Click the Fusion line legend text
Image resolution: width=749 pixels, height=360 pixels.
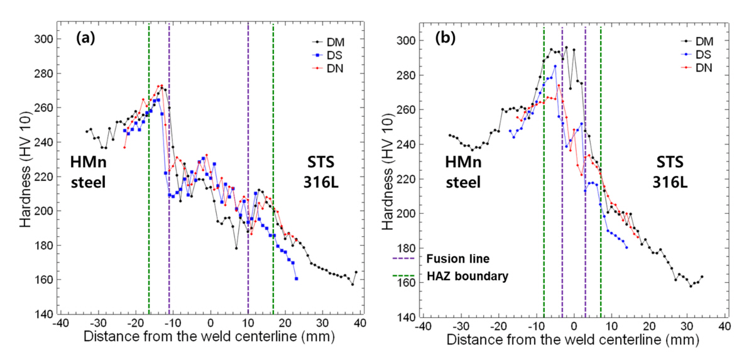[x=440, y=258]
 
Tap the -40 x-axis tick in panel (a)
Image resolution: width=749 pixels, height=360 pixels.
[x=58, y=324]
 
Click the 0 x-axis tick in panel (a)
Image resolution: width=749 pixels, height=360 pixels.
[x=210, y=324]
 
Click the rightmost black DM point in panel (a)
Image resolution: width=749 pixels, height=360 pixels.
[x=356, y=273]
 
